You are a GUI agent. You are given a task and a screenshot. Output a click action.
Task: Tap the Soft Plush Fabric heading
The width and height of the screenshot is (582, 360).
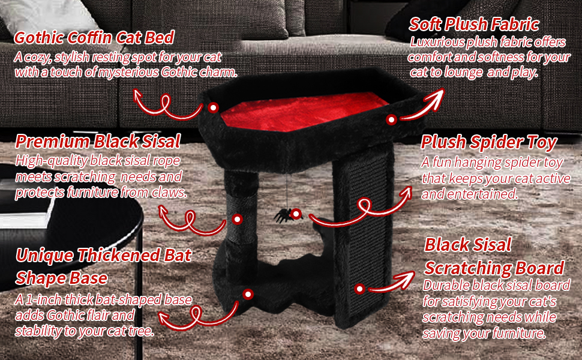pos(474,25)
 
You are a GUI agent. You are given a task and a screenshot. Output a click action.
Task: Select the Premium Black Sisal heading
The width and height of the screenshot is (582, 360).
pos(98,142)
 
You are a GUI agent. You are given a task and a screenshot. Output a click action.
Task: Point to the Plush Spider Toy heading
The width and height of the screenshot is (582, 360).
pos(489,143)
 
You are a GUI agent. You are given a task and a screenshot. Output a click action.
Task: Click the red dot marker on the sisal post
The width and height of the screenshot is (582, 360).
pos(238,219)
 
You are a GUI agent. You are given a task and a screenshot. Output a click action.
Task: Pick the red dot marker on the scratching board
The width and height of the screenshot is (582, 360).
pos(359,289)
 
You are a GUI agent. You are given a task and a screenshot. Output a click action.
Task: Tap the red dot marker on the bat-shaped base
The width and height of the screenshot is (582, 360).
pos(247,293)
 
